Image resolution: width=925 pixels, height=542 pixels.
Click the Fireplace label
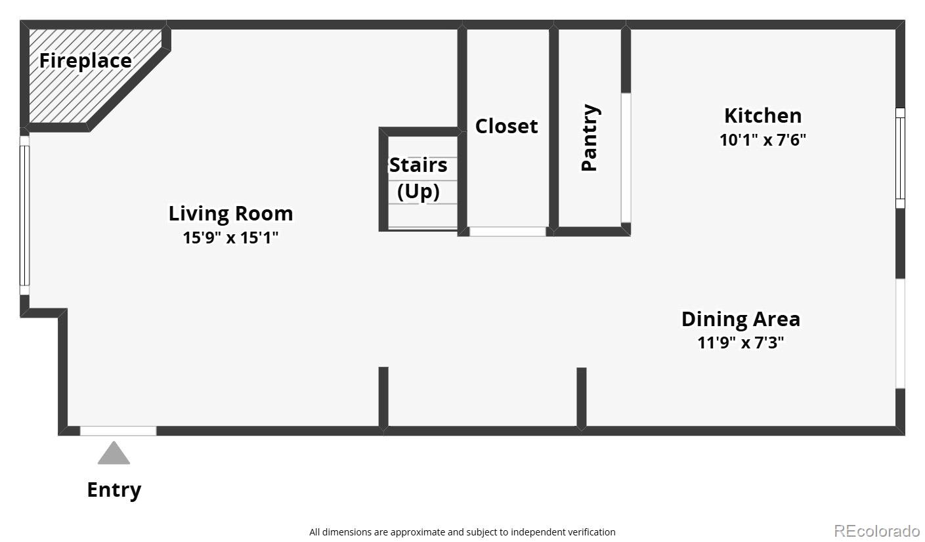[x=85, y=61]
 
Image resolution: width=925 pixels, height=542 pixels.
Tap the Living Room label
[x=230, y=213]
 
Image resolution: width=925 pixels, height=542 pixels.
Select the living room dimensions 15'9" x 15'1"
[x=230, y=238]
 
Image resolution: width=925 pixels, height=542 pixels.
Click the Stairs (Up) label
[x=418, y=178]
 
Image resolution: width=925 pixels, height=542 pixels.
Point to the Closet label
[x=506, y=126]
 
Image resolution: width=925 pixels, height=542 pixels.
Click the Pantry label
[x=590, y=138]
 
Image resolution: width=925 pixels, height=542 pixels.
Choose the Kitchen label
[x=762, y=115]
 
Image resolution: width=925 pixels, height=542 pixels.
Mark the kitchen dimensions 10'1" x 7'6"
[x=762, y=140]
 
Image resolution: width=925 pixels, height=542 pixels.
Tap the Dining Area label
[x=741, y=319]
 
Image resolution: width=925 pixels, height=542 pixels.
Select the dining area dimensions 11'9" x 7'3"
[x=741, y=343]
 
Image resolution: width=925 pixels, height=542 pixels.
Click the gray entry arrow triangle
[x=114, y=453]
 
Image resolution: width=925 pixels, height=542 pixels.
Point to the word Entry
[x=114, y=490]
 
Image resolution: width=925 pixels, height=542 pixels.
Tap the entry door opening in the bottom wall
[x=118, y=431]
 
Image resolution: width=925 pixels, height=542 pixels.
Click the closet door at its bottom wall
[x=507, y=232]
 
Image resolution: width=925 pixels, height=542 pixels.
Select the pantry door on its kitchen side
[x=626, y=157]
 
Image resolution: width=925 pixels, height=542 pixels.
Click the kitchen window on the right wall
[x=900, y=157]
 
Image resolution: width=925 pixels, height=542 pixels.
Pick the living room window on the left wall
[x=25, y=215]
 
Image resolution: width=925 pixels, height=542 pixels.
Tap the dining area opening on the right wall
[x=900, y=333]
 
